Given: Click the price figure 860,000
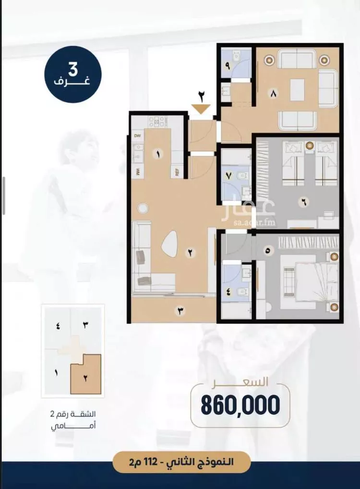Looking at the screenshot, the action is pos(240,405).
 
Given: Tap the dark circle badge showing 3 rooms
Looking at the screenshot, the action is pos(72,74).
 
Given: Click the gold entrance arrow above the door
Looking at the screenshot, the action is pos(201,110).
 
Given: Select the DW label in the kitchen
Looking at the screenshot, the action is pos(137,135).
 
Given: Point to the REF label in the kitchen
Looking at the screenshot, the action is pos(177,173).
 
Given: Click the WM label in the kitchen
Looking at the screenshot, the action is pos(138,171).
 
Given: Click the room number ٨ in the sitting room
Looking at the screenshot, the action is pos(274,94).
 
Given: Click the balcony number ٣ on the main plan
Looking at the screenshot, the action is pos(180,311).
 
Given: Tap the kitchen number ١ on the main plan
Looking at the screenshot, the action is pos(158,154).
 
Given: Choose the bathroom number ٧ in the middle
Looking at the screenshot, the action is pos(229,176).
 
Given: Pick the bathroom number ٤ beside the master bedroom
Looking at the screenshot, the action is pos(229,293).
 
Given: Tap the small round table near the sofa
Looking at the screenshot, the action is pos(143,208).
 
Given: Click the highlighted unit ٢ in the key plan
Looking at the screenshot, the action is pos(85,374).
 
